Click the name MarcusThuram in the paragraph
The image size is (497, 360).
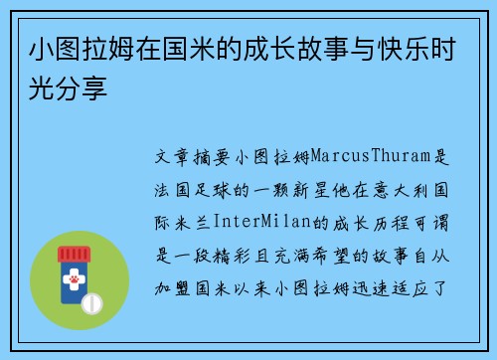374,157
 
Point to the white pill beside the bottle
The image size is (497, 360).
90,301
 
